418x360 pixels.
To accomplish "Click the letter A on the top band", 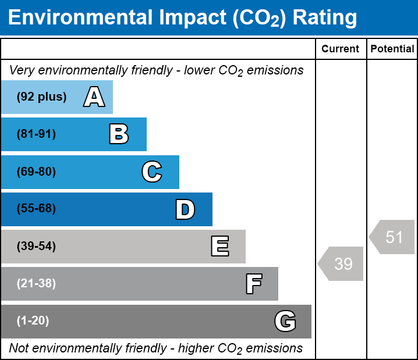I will pos(94,97).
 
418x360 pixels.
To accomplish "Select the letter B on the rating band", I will pos(119,134).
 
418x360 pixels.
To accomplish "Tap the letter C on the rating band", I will pos(152,172).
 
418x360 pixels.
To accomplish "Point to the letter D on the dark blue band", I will pos(185,209).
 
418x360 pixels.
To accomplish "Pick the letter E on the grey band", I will pos(219,247).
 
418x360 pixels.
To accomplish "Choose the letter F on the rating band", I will pos(253,284).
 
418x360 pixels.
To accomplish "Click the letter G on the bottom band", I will pos(285,321).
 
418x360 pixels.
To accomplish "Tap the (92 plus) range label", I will pos(41,97).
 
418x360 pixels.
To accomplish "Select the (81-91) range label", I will pos(36,134).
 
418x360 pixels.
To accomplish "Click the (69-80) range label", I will pos(36,172).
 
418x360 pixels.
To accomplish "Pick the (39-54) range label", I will pos(36,247).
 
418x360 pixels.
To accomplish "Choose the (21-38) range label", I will pos(36,284).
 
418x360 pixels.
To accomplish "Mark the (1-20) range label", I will pos(33,321).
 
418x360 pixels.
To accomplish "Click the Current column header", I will pos(341,49).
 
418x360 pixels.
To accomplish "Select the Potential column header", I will pos(392,49).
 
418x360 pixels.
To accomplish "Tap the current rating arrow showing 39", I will pos(342,264).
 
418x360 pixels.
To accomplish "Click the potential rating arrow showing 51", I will pos(393,237).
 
